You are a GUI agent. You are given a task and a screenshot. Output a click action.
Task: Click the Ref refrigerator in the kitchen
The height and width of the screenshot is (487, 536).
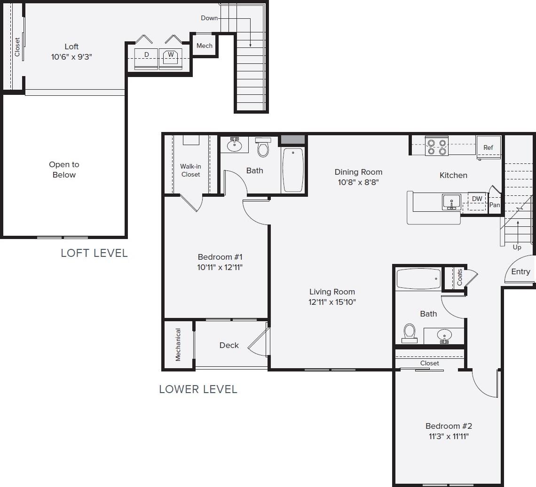[489, 147]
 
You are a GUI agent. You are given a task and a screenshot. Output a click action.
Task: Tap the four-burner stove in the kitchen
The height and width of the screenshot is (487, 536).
[436, 146]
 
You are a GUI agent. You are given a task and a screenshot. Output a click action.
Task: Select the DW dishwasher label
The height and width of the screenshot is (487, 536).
[477, 199]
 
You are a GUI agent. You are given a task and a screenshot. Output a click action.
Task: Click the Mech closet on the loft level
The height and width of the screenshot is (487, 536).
[205, 46]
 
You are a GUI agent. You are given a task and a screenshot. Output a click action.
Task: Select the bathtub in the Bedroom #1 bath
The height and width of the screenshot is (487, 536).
[293, 170]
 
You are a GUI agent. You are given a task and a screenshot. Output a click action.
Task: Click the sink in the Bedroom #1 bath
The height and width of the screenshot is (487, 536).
[234, 145]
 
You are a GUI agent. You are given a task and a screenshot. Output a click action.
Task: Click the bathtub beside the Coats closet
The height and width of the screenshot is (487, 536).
[418, 279]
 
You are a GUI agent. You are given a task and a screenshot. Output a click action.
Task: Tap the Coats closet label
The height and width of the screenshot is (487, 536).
[459, 277]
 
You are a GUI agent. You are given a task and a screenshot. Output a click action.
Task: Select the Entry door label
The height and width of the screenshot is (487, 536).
[520, 271]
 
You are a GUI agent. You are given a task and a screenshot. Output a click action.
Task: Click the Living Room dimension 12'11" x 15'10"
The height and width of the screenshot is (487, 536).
[332, 302]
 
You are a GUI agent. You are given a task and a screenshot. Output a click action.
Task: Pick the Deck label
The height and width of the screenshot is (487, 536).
[229, 345]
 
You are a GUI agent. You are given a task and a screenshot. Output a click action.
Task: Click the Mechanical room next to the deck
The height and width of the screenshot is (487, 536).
[178, 345]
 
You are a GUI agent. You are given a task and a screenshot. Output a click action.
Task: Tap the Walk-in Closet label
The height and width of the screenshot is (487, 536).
[190, 170]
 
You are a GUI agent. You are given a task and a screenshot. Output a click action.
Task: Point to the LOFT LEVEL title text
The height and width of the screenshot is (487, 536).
[94, 253]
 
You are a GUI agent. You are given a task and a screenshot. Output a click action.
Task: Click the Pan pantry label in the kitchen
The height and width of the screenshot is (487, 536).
[495, 205]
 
